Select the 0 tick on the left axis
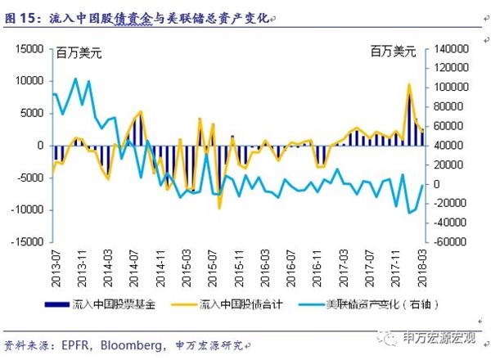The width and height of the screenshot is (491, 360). [x=38, y=146]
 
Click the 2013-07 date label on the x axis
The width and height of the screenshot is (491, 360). [x=52, y=264]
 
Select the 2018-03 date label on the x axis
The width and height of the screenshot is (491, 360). [x=423, y=264]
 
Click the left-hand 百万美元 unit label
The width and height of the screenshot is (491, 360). [x=79, y=53]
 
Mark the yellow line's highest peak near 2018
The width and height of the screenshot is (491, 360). [x=409, y=84]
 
